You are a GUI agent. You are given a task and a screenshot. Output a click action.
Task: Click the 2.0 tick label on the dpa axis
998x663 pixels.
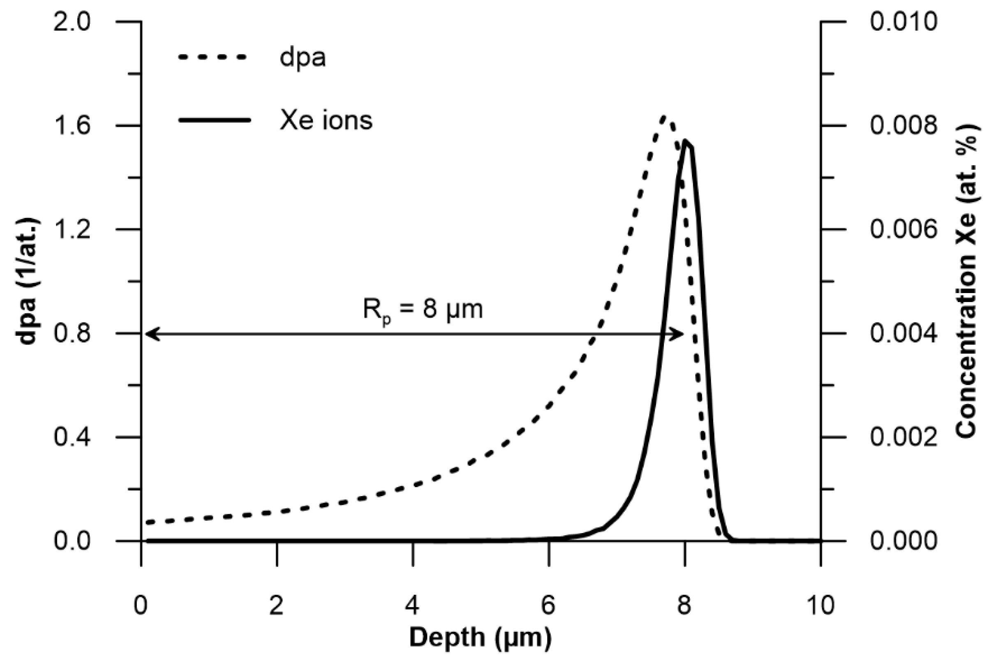72,21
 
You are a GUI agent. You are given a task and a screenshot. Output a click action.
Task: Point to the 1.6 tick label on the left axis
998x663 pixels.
72,126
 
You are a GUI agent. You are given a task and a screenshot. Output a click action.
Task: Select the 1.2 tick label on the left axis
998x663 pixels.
72,230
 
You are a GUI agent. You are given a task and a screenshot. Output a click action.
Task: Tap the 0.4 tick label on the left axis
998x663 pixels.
72,438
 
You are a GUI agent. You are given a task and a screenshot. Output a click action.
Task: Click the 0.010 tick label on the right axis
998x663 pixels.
903,21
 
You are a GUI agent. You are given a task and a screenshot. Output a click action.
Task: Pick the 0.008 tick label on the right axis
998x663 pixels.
903,126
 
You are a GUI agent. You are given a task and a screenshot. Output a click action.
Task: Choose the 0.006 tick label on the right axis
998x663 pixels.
903,230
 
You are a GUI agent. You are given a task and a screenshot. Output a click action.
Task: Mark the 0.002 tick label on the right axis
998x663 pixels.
903,438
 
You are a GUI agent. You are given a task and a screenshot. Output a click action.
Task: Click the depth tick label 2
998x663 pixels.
277,605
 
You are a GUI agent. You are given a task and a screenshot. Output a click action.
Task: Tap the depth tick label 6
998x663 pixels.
548,605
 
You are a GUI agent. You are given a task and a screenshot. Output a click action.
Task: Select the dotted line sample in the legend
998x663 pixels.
212,57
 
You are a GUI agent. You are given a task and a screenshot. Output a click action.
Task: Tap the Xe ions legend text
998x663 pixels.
326,120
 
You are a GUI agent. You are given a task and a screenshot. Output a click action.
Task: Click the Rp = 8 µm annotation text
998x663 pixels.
423,310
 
